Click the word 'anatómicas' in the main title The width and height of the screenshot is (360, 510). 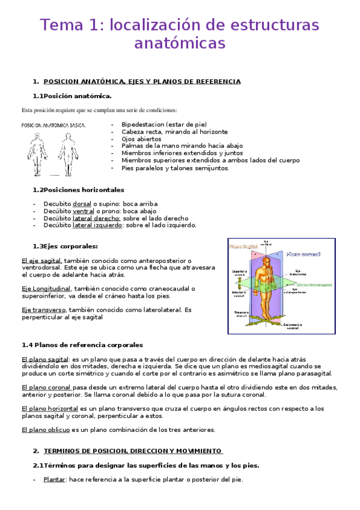180,44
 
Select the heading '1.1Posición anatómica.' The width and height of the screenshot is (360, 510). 72,96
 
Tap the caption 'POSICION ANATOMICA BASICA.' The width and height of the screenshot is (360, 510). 53,126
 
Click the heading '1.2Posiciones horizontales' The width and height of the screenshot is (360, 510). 78,189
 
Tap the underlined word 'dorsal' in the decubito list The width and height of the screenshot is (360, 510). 82,204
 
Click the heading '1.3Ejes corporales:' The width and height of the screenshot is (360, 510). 65,246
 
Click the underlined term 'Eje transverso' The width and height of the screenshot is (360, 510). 43,310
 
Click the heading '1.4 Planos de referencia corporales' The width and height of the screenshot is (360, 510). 82,345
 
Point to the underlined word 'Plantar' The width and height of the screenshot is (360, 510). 53,479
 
